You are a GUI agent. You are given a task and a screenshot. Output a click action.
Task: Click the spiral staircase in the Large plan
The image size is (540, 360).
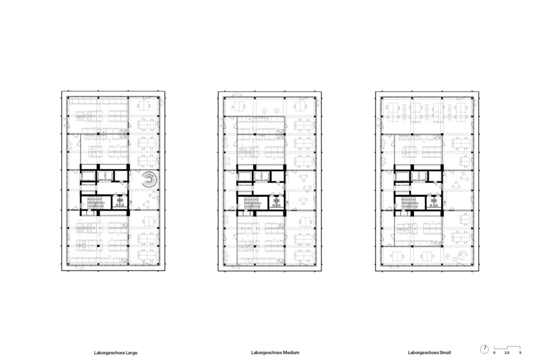pyautogui.click(x=149, y=180)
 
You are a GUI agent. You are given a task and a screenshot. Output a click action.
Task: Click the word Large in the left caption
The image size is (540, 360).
pyautogui.click(x=131, y=353)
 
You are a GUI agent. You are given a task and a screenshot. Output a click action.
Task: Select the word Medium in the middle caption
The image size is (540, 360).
pyautogui.click(x=291, y=352)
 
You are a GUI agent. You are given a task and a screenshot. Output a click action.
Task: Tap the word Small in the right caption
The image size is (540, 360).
pyautogui.click(x=445, y=352)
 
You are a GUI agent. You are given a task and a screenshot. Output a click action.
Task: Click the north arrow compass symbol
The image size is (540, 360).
pyautogui.click(x=484, y=349)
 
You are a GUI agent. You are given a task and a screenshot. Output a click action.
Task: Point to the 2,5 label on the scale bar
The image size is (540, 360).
pyautogui.click(x=507, y=353)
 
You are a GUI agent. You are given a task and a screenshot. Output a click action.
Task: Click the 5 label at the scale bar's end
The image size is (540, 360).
pyautogui.click(x=520, y=353)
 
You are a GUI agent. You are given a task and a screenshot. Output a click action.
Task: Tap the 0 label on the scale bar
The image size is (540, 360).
pyautogui.click(x=494, y=353)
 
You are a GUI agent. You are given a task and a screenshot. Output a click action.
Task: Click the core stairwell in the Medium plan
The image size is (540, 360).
pyautogui.click(x=253, y=203)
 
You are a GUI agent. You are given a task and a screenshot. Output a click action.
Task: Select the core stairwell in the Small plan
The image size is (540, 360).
pyautogui.click(x=409, y=203)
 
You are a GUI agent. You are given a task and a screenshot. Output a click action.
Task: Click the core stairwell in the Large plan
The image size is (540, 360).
pyautogui.click(x=96, y=203)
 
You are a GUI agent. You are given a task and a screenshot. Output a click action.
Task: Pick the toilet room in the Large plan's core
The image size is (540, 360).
pyautogui.click(x=120, y=202)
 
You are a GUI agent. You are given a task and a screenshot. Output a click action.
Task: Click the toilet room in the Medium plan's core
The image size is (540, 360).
pyautogui.click(x=277, y=202)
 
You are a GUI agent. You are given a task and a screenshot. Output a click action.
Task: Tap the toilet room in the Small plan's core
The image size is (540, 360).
pyautogui.click(x=434, y=202)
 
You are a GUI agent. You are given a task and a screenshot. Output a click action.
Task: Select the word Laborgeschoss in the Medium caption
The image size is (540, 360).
pyautogui.click(x=266, y=352)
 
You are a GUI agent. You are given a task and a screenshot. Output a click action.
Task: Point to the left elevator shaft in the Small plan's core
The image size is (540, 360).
pyautogui.click(x=401, y=176)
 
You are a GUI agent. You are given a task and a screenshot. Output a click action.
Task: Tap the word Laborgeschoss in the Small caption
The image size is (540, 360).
pyautogui.click(x=423, y=352)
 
